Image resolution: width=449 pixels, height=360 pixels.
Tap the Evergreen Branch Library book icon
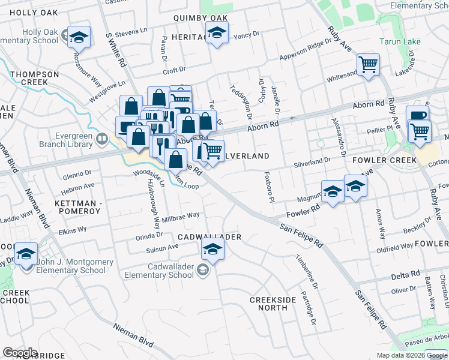[x=102, y=140]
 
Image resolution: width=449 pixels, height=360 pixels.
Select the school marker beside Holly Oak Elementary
[x=79, y=38]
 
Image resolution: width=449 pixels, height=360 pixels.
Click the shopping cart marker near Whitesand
[x=368, y=64]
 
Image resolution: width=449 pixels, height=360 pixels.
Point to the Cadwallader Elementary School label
[x=155, y=271]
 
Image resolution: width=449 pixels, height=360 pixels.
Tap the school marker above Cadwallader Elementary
[x=212, y=248]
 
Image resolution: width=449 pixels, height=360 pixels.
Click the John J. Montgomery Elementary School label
[x=71, y=266]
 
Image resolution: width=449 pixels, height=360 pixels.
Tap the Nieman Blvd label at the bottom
[x=134, y=335]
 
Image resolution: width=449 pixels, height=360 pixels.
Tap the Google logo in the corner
[x=20, y=353]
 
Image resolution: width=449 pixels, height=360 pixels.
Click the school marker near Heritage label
[x=217, y=34]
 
